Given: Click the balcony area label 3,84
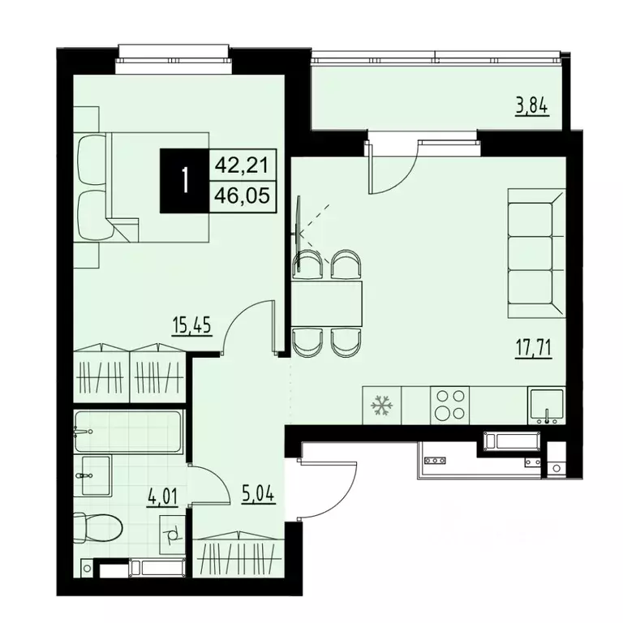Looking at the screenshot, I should click(x=532, y=106).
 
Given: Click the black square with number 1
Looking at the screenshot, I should click(x=185, y=182).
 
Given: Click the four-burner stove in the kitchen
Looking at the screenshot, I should click(x=449, y=405).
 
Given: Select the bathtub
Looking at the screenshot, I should click(x=127, y=432).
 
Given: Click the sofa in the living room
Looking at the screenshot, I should click(x=536, y=251).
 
